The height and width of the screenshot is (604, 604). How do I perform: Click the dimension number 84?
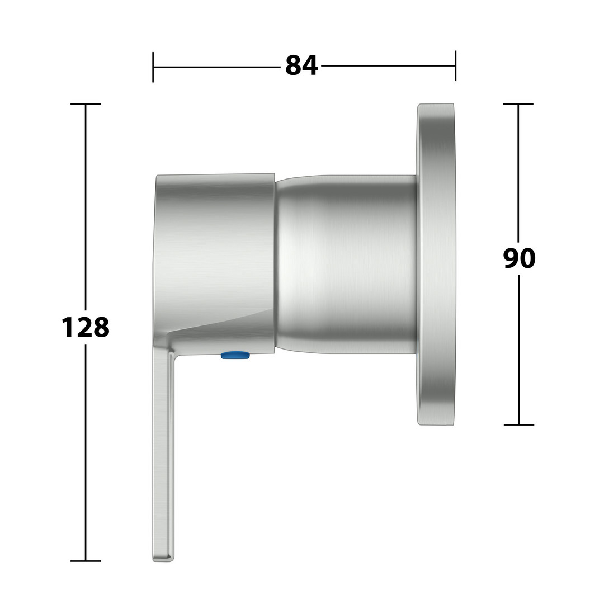click(x=301, y=65)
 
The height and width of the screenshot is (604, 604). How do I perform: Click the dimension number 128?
click(x=86, y=327)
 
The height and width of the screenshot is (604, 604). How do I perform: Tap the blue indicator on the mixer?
click(x=235, y=355)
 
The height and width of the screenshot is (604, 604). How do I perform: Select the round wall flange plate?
click(x=436, y=264)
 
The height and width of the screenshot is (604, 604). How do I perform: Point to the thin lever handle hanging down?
click(x=163, y=455)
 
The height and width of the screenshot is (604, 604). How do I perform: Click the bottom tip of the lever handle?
click(x=163, y=561)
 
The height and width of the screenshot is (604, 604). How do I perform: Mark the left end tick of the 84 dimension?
click(x=153, y=67)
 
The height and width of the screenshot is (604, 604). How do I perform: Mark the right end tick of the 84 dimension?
click(x=456, y=66)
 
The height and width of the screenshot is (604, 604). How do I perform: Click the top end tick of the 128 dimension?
click(x=86, y=103)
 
